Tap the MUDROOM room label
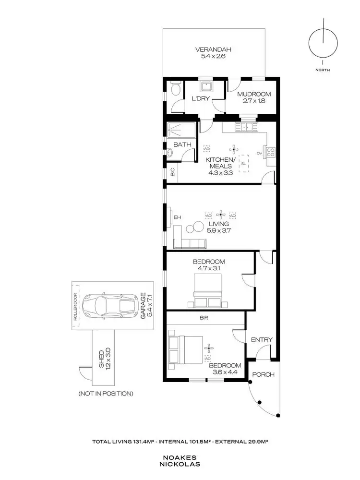click(254, 94)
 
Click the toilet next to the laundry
click(175, 90)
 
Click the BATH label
click(182, 144)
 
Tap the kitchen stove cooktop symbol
click(270, 153)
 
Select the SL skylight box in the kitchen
click(243, 163)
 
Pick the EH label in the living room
click(177, 217)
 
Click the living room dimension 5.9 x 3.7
click(218, 230)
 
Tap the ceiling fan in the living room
click(220, 215)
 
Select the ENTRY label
click(262, 340)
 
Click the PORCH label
click(264, 375)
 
